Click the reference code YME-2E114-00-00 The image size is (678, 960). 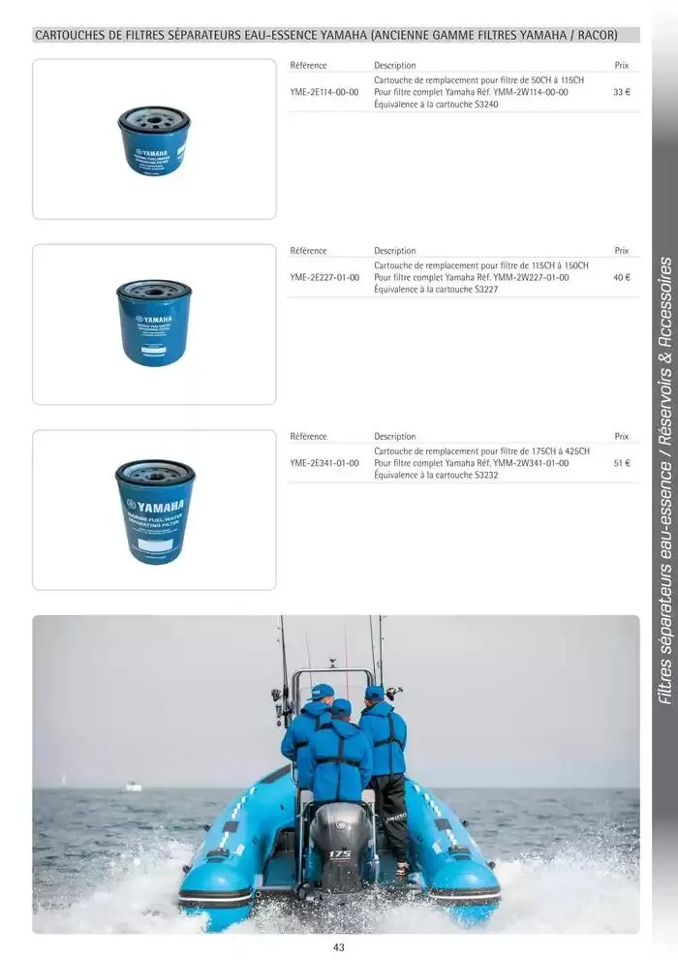(324, 92)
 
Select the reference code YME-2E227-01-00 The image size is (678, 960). (324, 278)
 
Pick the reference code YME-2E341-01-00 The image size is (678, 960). (324, 464)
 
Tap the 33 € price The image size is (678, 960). (622, 92)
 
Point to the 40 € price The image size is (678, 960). (622, 278)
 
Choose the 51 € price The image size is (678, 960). (622, 464)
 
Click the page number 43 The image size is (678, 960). (338, 947)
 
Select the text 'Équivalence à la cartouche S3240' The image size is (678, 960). (436, 104)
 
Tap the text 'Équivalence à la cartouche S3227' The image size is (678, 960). (436, 290)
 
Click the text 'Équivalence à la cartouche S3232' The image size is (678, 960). (436, 476)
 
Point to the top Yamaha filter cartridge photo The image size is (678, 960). (154, 140)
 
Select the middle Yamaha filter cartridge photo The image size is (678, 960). (154, 323)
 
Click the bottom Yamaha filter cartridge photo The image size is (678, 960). (155, 511)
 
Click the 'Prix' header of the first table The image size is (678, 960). (622, 66)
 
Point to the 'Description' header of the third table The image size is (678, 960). (394, 437)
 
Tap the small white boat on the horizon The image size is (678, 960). (133, 787)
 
